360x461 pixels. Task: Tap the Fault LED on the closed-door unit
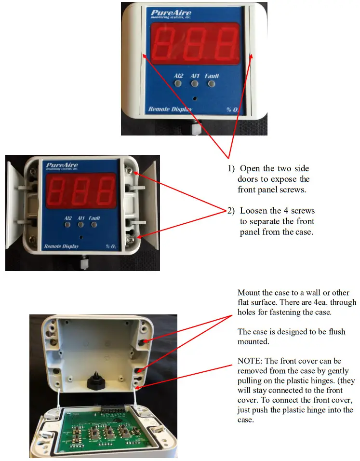point(212,84)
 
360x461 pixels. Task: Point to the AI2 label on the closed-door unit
point(178,76)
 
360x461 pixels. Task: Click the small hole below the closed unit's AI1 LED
point(195,98)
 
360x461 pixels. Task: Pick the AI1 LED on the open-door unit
point(81,225)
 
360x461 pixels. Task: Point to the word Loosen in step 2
point(253,211)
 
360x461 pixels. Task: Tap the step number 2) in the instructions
point(231,211)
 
